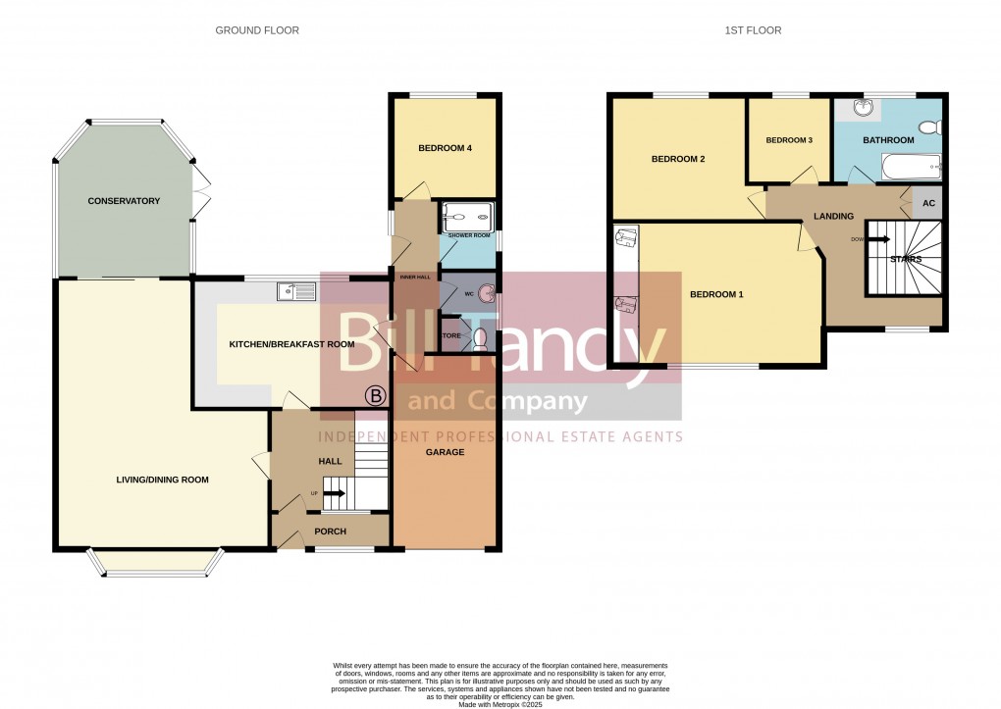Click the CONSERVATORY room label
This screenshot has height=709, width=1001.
click(x=124, y=201)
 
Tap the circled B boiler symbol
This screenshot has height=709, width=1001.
click(x=375, y=396)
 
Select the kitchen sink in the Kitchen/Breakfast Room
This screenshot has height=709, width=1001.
click(x=295, y=290)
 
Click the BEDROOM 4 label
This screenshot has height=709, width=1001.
click(x=445, y=149)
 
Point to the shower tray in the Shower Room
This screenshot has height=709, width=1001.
click(x=466, y=217)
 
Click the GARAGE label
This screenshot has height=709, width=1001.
click(x=445, y=452)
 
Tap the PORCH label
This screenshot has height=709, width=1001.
click(x=330, y=532)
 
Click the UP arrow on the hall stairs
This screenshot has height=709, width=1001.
click(x=333, y=493)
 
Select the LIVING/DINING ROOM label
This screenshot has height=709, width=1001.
click(x=163, y=480)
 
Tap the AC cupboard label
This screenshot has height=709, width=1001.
click(x=927, y=204)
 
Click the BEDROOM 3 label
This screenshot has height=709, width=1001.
click(x=789, y=140)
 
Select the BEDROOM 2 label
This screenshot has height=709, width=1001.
click(x=678, y=159)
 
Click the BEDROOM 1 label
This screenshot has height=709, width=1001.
click(x=716, y=294)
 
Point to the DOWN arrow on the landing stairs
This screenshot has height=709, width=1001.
click(x=875, y=238)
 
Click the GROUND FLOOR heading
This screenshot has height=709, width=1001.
click(x=257, y=30)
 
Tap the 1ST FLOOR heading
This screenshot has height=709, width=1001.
click(x=753, y=30)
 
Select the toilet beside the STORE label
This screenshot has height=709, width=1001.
click(x=479, y=338)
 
